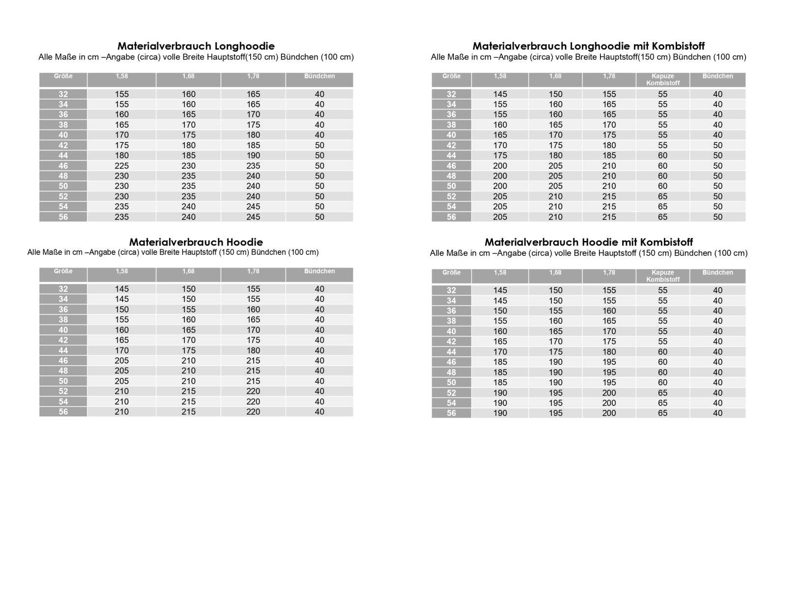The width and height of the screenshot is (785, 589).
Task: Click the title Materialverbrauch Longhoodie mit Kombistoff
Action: [588, 46]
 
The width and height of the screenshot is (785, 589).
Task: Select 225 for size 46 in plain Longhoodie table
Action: [122, 166]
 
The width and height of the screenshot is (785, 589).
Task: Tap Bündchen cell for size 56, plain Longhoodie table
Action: [319, 217]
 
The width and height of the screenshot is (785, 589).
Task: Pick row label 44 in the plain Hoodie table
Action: [63, 350]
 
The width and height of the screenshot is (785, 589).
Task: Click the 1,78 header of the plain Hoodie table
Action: [253, 271]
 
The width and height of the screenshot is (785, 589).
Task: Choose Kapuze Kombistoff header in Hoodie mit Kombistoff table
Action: [663, 276]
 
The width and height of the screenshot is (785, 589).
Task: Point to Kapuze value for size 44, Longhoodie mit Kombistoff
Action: [663, 156]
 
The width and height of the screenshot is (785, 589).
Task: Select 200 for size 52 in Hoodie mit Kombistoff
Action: [609, 393]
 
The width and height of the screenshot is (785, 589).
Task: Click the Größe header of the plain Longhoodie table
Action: [63, 76]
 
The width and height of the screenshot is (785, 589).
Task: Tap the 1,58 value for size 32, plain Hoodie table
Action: [122, 289]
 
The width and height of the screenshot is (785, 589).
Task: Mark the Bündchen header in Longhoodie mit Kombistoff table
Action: [717, 76]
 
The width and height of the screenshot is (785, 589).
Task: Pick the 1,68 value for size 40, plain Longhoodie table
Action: [188, 135]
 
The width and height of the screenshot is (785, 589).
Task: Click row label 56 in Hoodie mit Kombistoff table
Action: [451, 413]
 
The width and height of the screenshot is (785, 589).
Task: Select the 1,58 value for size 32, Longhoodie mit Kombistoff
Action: [500, 94]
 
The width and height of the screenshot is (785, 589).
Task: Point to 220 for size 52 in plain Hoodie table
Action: [253, 391]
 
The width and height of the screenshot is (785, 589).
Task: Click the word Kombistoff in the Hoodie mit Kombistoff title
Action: [669, 242]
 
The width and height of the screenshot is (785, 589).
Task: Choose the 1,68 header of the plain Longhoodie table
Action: [188, 76]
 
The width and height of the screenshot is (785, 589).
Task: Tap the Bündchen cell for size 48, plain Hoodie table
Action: [319, 371]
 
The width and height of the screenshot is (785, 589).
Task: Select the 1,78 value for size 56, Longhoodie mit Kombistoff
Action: [609, 217]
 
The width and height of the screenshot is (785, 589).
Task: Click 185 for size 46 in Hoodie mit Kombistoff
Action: [500, 362]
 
